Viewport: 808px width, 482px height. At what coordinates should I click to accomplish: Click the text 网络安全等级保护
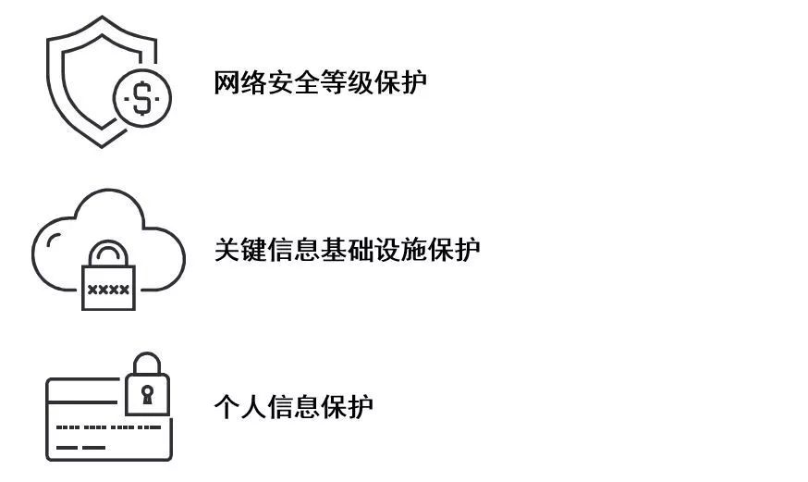pyautogui.click(x=320, y=82)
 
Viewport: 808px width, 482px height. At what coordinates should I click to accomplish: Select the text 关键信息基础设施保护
pyautogui.click(x=347, y=250)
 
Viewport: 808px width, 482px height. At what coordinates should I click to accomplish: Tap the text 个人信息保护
pyautogui.click(x=293, y=407)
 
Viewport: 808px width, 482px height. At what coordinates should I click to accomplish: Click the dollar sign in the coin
pyautogui.click(x=142, y=98)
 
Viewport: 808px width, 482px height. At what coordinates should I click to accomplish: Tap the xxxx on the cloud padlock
pyautogui.click(x=108, y=290)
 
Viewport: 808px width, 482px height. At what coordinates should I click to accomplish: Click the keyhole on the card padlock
pyautogui.click(x=147, y=394)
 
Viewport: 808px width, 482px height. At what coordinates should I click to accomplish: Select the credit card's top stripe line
pyautogui.click(x=82, y=402)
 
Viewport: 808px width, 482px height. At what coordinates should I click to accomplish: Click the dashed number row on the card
pyautogui.click(x=108, y=427)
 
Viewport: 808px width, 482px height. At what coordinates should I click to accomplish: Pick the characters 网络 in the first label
pyautogui.click(x=240, y=82)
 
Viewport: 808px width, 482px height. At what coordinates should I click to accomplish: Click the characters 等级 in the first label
pyautogui.click(x=347, y=82)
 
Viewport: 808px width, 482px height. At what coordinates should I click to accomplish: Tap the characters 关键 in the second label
pyautogui.click(x=240, y=250)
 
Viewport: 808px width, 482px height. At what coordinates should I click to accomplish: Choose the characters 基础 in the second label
pyautogui.click(x=347, y=250)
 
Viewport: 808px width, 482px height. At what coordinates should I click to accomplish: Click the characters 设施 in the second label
pyautogui.click(x=400, y=250)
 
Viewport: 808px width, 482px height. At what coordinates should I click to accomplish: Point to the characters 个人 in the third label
pyautogui.click(x=240, y=407)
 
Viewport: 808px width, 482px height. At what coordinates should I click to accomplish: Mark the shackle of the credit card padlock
pyautogui.click(x=147, y=355)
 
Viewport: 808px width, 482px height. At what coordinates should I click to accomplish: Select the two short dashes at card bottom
pyautogui.click(x=80, y=448)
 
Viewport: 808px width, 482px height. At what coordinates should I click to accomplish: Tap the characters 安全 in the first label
pyautogui.click(x=293, y=82)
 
